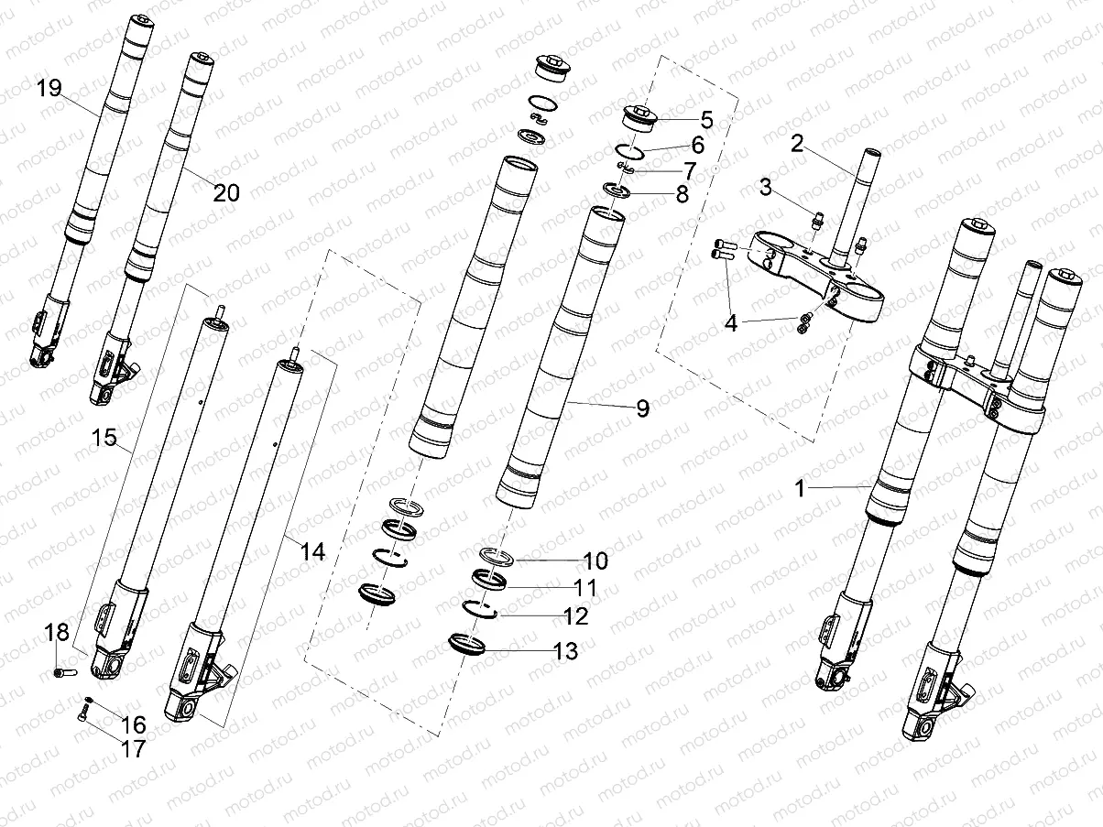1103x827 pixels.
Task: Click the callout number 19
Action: coord(49,88)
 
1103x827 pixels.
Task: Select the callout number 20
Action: coord(226,192)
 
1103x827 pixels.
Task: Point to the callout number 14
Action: coord(312,550)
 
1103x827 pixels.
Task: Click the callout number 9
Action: coord(642,408)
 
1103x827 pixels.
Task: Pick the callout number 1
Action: coord(800,489)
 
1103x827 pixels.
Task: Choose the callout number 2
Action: coord(797,143)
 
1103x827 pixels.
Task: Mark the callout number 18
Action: coord(57,632)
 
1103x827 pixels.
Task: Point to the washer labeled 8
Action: coord(615,192)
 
